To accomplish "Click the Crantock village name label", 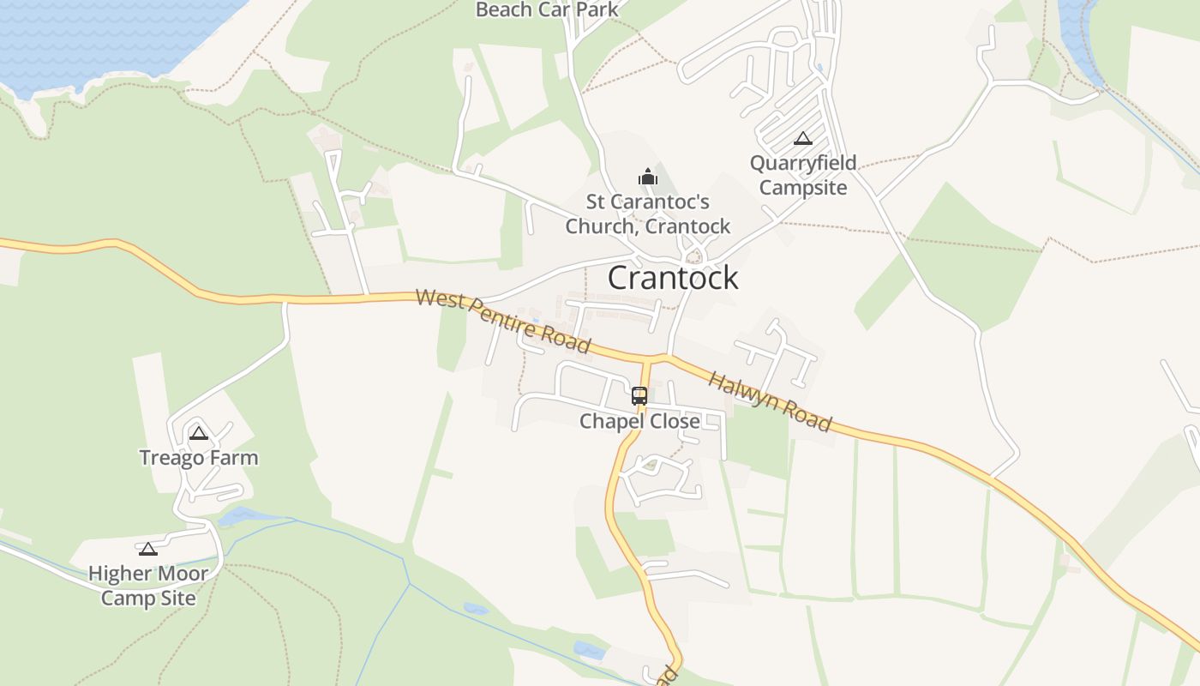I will click(x=673, y=278).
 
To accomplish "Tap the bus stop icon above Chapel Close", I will click(x=639, y=395).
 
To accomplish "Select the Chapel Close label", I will click(x=639, y=421).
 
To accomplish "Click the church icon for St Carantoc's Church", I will click(x=647, y=178).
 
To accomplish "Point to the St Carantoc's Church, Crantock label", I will click(x=648, y=214).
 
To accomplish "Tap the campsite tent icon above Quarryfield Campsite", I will click(x=803, y=138).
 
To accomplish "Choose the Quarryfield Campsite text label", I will click(x=803, y=175).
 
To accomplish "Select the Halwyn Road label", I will click(x=770, y=401).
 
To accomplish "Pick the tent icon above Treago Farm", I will click(x=199, y=433).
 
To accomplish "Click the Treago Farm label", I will click(x=199, y=458).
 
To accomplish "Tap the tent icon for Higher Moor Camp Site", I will click(x=148, y=549).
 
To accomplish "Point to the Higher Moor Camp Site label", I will click(x=148, y=586).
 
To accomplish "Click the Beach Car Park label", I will click(x=547, y=10).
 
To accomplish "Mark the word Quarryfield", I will click(x=803, y=164).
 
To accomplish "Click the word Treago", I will click(x=172, y=458).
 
